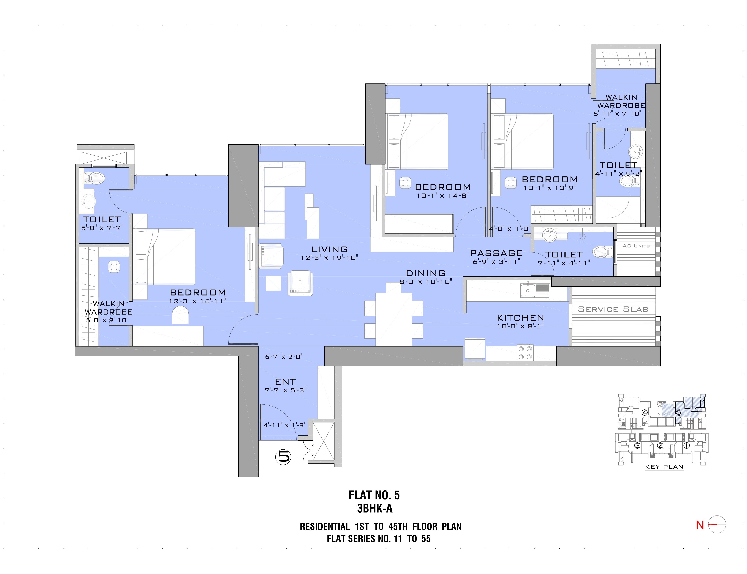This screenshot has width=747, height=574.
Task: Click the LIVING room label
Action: [x=329, y=249]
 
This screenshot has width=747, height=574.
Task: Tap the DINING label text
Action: [x=425, y=273]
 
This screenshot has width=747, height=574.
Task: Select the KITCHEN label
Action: [x=520, y=318]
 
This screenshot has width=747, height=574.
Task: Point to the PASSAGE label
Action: [x=496, y=253]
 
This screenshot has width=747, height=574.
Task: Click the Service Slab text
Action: [x=613, y=309]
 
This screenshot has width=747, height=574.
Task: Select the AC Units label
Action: [x=636, y=246]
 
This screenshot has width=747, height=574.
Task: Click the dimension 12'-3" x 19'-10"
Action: [x=329, y=258]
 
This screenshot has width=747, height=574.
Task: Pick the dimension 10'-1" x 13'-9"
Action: [x=550, y=188]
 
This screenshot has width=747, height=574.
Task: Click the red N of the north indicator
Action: [x=700, y=525]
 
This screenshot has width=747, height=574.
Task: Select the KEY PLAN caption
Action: [x=664, y=467]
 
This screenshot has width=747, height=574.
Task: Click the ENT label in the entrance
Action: [x=285, y=382]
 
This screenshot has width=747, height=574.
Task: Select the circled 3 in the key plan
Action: [x=637, y=445]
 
